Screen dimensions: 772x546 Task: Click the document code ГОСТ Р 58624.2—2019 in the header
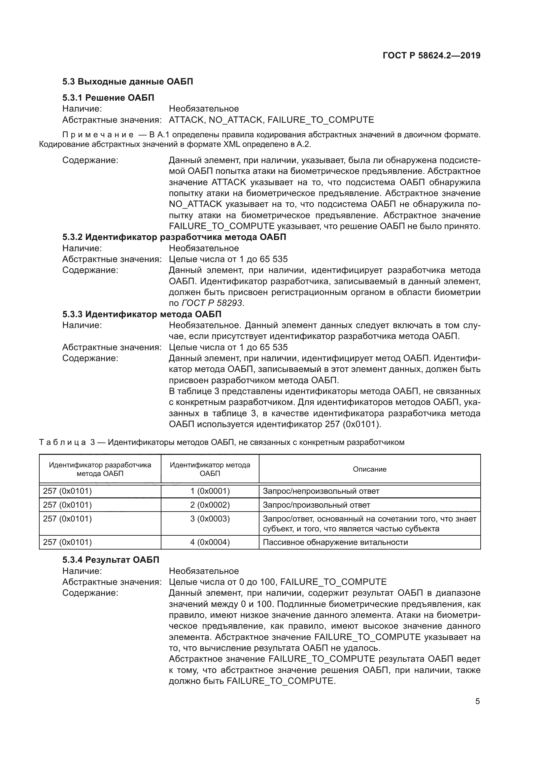(431, 55)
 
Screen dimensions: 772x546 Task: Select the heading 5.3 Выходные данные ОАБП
(127, 82)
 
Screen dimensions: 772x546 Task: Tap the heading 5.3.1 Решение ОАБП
(108, 98)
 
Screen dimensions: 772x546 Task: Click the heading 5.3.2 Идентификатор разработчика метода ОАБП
(174, 237)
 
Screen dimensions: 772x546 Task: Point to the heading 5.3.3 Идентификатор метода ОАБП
(142, 315)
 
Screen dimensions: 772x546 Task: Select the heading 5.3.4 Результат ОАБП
(111, 560)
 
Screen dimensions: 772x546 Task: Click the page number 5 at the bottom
(477, 701)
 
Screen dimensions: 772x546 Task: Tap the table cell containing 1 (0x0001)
(210, 491)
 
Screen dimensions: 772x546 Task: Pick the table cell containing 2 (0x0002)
(210, 505)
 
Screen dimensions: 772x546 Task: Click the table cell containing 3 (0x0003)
(210, 519)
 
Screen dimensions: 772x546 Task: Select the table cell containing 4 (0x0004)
(210, 542)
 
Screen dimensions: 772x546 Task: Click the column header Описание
(369, 469)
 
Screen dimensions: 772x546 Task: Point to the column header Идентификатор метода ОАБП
(210, 469)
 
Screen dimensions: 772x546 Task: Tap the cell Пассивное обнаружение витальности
(335, 542)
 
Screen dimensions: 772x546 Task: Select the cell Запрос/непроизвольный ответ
(321, 491)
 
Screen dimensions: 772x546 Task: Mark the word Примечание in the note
(98, 135)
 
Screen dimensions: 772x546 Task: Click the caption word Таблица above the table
(63, 443)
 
